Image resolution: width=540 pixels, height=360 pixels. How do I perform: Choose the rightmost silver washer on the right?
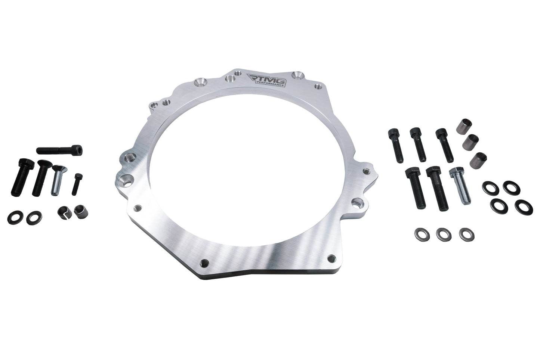tap(465, 234)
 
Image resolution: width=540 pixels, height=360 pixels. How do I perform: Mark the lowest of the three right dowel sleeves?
tap(478, 159)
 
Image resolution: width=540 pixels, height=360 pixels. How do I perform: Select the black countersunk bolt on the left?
tap(40, 178)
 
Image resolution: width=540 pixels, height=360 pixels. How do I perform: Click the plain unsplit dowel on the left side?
tap(80, 211)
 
